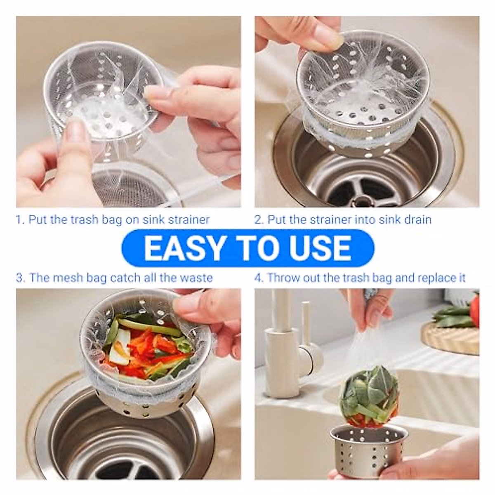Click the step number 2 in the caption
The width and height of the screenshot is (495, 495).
(258, 219)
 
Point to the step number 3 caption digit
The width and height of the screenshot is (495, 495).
(19, 278)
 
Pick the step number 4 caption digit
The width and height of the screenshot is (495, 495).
(258, 278)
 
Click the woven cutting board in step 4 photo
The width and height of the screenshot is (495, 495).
(450, 338)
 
